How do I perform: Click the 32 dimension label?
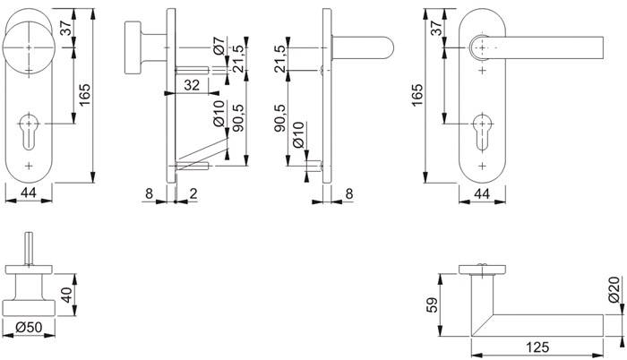coord(190,86)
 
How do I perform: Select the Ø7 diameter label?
coord(219,45)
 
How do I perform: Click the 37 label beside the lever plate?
coord(436,28)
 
